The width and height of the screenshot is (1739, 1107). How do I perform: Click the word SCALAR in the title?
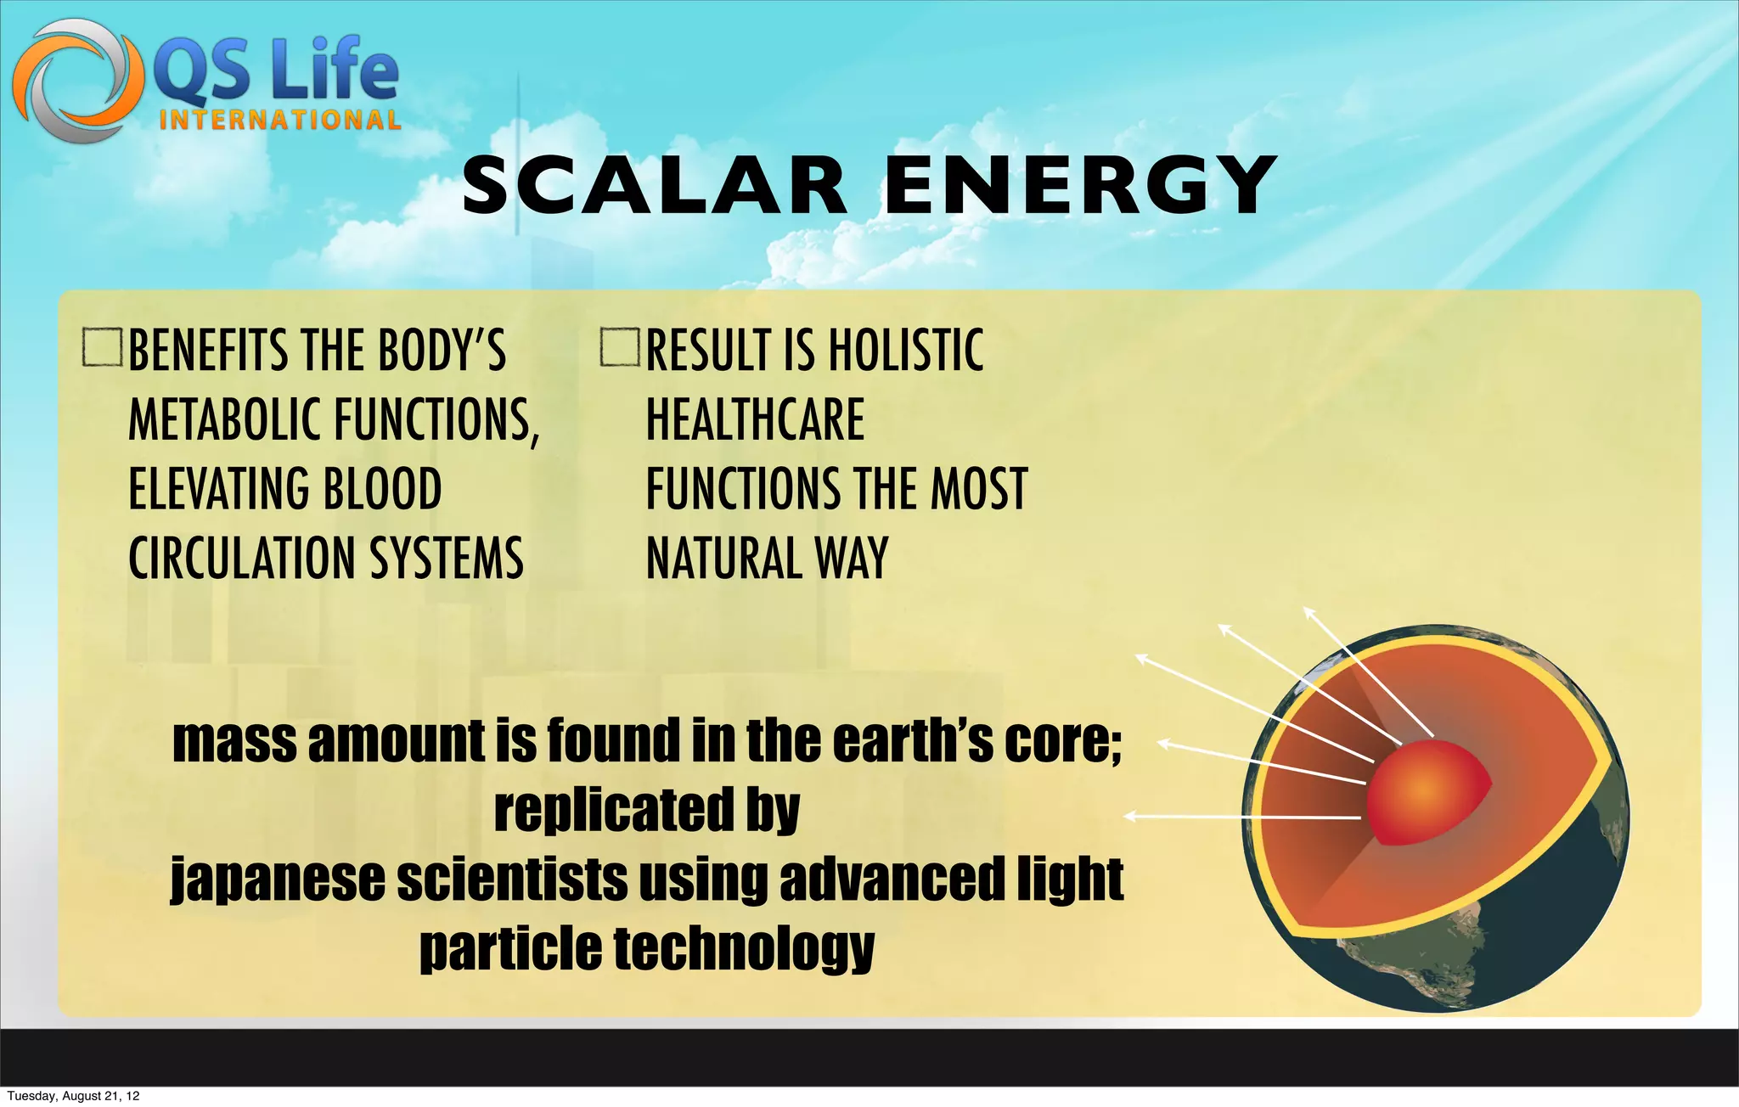[654, 185]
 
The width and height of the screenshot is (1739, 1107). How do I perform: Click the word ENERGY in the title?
[1080, 185]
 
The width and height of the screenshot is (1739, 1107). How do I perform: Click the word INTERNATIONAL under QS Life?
[279, 120]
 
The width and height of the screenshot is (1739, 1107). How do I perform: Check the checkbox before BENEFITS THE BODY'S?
[103, 347]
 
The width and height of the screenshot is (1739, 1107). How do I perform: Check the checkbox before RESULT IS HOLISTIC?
[619, 347]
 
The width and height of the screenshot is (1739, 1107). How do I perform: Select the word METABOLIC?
[226, 419]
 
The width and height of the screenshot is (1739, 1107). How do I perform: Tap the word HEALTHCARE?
[755, 419]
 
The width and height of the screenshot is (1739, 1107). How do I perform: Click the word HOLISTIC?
[905, 350]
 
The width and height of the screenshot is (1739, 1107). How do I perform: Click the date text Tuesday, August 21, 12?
[73, 1096]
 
